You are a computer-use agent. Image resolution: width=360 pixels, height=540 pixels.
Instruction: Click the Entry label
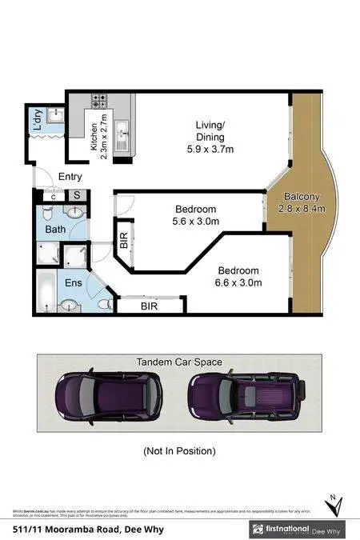tap(70, 177)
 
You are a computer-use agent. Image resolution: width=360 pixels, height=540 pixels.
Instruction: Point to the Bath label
tap(55, 230)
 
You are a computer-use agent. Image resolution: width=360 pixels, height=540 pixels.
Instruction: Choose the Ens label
tap(73, 282)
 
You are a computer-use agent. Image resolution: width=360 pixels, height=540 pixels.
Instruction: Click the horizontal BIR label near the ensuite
tap(150, 306)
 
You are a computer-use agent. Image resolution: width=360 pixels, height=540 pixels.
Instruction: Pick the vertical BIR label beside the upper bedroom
tap(123, 243)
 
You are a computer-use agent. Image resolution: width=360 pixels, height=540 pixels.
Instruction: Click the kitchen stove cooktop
tap(100, 102)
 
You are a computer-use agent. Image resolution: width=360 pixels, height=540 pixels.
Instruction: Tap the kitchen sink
tap(122, 131)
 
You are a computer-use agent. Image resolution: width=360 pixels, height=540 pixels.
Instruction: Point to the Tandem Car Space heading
tap(179, 362)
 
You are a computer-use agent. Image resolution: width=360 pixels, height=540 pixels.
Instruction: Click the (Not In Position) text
tap(179, 451)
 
